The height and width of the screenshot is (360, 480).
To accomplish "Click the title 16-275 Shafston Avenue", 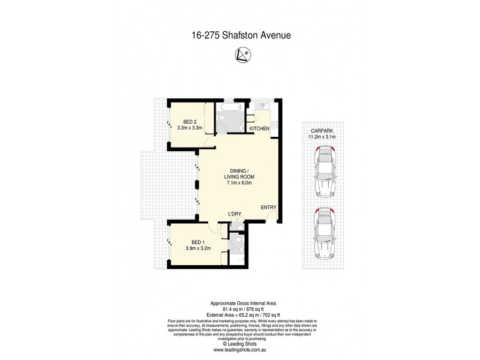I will pos(239,35).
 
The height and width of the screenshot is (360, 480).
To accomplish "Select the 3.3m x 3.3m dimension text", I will pos(188,127).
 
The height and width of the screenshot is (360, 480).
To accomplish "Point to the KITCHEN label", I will pos(259,129).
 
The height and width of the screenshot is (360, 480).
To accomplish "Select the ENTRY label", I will pos(268,208).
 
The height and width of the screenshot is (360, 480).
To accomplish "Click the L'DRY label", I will pos(235,214).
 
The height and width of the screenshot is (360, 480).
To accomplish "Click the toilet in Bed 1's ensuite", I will pos(238,244).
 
